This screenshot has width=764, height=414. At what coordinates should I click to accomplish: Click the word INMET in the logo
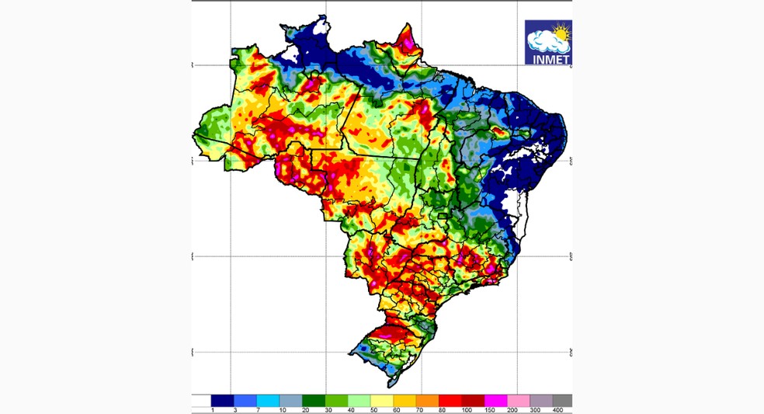[548, 57]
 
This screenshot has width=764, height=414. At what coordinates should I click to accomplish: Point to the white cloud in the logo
[543, 40]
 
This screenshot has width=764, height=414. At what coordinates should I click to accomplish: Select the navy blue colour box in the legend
[222, 400]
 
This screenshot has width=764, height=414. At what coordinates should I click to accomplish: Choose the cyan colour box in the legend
[268, 400]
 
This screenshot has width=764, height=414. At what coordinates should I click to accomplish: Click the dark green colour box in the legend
[314, 400]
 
